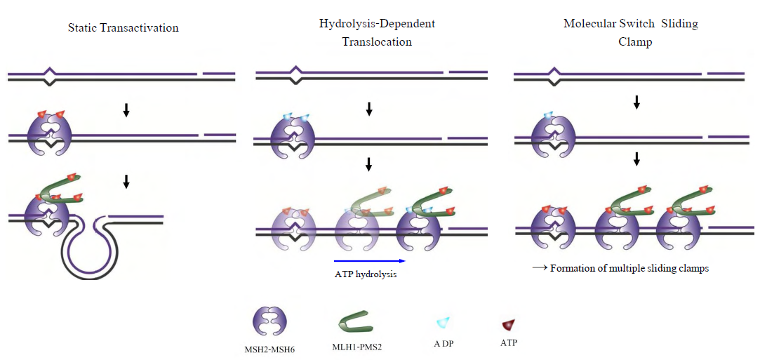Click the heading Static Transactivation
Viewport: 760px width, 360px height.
(123, 28)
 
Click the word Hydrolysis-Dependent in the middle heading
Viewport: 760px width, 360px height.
(377, 24)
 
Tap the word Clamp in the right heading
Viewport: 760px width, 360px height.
(635, 42)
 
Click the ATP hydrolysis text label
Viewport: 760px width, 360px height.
(366, 274)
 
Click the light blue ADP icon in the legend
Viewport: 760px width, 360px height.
(443, 322)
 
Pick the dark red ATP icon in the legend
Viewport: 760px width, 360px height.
(509, 324)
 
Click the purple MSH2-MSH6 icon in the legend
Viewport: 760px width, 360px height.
(269, 323)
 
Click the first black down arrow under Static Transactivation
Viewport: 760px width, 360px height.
(126, 110)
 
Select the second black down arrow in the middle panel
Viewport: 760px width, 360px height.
(369, 165)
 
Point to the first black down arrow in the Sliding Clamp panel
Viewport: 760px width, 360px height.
(636, 102)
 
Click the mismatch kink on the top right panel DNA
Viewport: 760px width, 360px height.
(554, 75)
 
